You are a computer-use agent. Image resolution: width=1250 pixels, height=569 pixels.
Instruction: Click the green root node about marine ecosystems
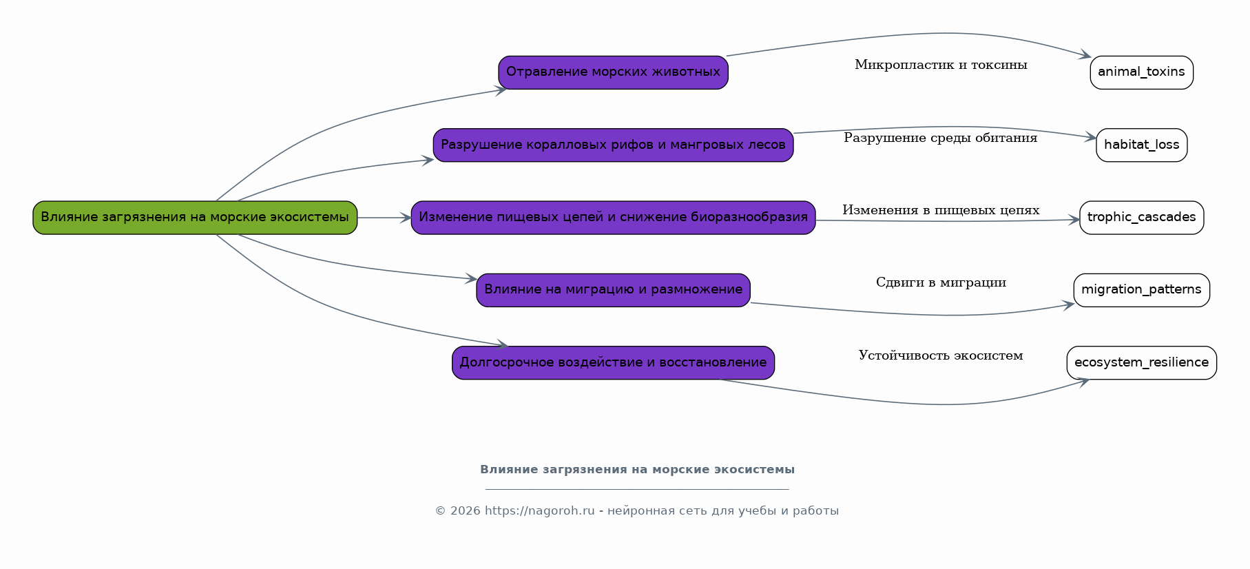(195, 218)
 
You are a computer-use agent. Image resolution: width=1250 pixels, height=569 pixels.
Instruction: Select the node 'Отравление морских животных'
(613, 72)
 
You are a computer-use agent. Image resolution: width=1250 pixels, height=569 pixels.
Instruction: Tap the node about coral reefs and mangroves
(613, 145)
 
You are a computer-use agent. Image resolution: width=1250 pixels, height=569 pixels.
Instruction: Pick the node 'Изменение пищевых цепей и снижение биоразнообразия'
(613, 218)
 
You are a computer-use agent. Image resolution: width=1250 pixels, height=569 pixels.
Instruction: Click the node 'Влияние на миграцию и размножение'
(613, 290)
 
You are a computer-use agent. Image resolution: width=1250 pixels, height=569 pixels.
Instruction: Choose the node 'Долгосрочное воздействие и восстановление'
(613, 362)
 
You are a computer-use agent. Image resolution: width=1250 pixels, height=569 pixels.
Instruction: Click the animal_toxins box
(1141, 72)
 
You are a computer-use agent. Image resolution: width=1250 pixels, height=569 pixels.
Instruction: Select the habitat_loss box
(1141, 145)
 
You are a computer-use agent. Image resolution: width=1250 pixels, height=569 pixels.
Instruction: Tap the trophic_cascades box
(1141, 218)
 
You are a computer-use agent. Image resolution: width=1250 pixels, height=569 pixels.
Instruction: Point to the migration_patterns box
(1141, 290)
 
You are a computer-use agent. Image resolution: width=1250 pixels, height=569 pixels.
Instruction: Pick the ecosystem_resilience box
(1141, 362)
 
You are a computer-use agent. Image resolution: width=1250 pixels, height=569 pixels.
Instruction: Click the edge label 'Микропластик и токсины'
(941, 65)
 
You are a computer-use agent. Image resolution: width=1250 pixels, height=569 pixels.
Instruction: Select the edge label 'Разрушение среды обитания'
(941, 138)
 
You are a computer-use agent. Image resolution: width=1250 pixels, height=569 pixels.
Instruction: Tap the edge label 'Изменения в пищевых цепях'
(941, 210)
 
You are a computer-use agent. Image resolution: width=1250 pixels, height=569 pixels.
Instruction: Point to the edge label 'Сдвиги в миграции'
(941, 282)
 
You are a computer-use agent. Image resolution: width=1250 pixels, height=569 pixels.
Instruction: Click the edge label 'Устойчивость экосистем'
(941, 355)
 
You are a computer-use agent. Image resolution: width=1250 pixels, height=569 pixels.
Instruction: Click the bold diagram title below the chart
(637, 470)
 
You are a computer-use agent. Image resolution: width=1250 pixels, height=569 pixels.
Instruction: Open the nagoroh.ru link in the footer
(539, 511)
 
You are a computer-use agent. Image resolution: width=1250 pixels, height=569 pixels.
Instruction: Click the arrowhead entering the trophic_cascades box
(1074, 220)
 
